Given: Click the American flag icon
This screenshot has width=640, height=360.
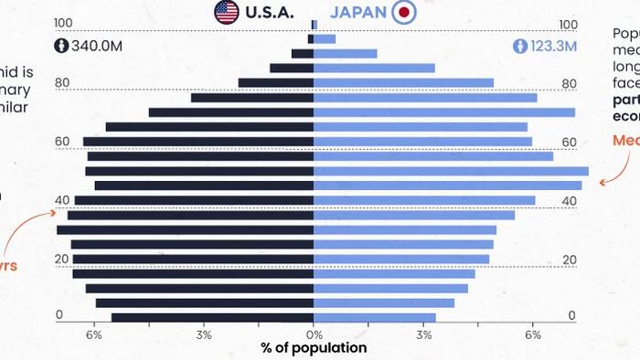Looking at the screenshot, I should tap(226, 12).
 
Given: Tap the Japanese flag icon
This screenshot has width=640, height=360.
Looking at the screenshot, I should tap(403, 12).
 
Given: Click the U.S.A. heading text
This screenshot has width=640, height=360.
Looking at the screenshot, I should tap(270, 13).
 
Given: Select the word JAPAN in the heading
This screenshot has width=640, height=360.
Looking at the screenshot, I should tap(357, 13).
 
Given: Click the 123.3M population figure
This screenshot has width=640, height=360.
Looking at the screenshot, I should tap(552, 45).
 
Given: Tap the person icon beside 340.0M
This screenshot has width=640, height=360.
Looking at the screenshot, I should tap(62, 45).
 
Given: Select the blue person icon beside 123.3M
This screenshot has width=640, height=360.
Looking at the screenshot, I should tap(520, 45).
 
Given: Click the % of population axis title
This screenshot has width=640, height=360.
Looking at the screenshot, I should tap(314, 348).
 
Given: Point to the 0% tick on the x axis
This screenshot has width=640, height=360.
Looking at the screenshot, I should tap(314, 334).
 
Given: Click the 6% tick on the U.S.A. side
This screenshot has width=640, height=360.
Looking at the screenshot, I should tap(94, 334).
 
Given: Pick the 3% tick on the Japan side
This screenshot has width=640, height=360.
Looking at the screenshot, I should tap(423, 334).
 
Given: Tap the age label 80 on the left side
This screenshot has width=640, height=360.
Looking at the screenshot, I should tap(62, 83).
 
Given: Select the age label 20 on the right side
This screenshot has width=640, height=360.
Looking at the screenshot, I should tap(568, 259).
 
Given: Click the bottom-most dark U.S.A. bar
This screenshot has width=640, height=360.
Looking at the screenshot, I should tap(213, 318).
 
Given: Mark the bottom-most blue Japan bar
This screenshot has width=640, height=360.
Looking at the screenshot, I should tap(375, 318).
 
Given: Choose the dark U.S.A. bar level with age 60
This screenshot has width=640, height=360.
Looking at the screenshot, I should tap(198, 142).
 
